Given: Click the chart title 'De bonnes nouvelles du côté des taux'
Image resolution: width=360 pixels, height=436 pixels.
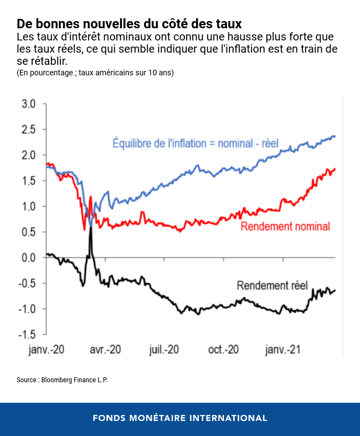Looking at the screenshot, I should (x=129, y=24).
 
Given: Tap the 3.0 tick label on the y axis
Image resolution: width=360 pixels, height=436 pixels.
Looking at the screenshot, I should (x=29, y=104).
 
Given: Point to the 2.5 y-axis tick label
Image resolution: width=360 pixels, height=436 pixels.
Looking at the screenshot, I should (x=29, y=130).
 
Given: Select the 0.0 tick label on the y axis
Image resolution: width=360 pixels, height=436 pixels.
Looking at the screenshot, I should (x=29, y=258).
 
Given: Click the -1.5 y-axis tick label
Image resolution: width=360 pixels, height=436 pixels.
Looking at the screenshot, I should (x=27, y=335).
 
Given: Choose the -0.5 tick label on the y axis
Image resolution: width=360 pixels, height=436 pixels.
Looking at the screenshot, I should (x=27, y=283).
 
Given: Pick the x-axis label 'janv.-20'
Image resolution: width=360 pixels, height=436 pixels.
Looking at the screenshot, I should (x=47, y=350).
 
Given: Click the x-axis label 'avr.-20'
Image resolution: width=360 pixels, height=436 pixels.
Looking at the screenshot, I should (x=105, y=350).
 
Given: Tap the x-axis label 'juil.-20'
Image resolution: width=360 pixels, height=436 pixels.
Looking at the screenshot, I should (x=164, y=350).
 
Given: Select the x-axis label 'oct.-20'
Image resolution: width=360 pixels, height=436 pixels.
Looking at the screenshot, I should (x=223, y=350).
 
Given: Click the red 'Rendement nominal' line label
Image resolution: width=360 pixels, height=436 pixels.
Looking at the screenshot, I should (x=285, y=227).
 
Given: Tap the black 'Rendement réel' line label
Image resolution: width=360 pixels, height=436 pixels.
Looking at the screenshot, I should (x=272, y=286).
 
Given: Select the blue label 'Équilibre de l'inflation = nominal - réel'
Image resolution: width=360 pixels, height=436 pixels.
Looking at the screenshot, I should (x=195, y=143).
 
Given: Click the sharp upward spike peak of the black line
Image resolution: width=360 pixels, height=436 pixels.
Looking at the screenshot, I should (x=90, y=227).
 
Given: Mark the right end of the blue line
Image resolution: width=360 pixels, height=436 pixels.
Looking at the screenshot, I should (x=335, y=136).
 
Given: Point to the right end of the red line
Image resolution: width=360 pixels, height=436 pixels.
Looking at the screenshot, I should (x=335, y=168).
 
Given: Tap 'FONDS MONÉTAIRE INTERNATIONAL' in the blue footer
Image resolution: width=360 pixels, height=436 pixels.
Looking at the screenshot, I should (x=180, y=418).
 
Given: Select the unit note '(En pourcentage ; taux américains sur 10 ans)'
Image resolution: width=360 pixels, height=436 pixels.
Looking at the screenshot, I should (x=95, y=73).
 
